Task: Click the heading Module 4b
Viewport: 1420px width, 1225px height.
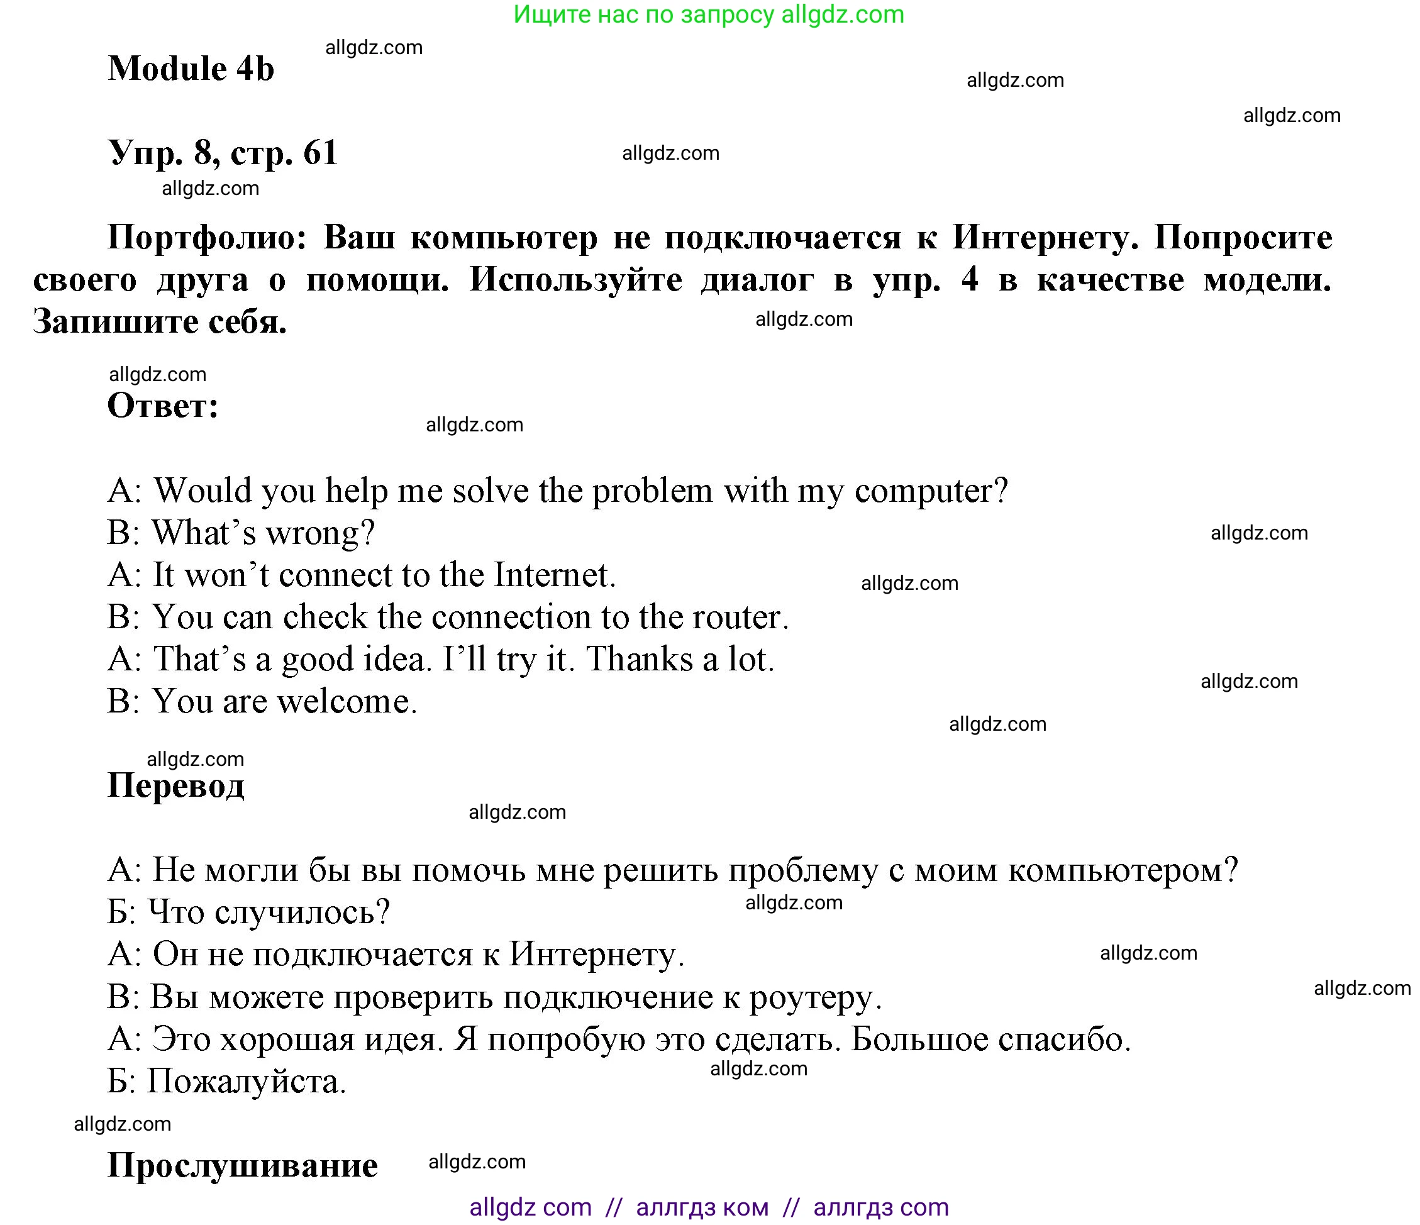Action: coord(191,69)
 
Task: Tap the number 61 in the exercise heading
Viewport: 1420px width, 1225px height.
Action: coord(320,152)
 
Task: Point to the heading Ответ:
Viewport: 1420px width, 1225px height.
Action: coord(163,406)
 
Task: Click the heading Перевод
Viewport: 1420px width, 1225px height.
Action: coord(176,785)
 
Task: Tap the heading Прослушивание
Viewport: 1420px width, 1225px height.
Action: coord(243,1165)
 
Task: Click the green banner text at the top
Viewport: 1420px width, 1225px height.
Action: coord(709,14)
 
